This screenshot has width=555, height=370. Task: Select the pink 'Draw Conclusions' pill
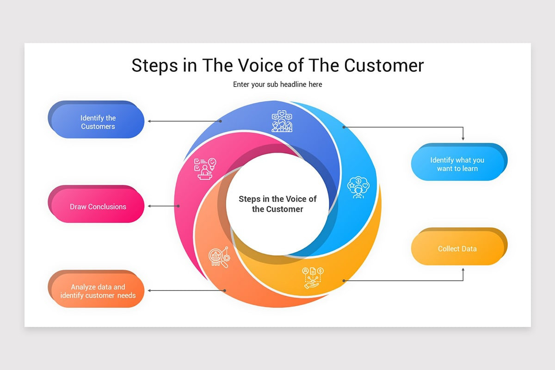click(98, 207)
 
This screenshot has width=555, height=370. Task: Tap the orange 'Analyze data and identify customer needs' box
click(98, 291)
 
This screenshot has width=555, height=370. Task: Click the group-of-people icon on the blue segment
click(282, 122)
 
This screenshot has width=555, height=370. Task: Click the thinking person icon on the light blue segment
click(358, 187)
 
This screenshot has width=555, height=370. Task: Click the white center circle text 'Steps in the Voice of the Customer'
click(277, 204)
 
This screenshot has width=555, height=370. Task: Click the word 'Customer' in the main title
click(384, 65)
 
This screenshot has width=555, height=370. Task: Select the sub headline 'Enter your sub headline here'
click(277, 84)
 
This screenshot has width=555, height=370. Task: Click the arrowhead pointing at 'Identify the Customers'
click(149, 121)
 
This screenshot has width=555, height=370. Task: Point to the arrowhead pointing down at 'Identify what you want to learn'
click(463, 138)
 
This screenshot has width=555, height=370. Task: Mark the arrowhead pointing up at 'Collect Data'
click(463, 270)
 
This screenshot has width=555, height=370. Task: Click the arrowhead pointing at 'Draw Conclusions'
click(149, 206)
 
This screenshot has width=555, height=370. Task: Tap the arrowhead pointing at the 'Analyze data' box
click(149, 290)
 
